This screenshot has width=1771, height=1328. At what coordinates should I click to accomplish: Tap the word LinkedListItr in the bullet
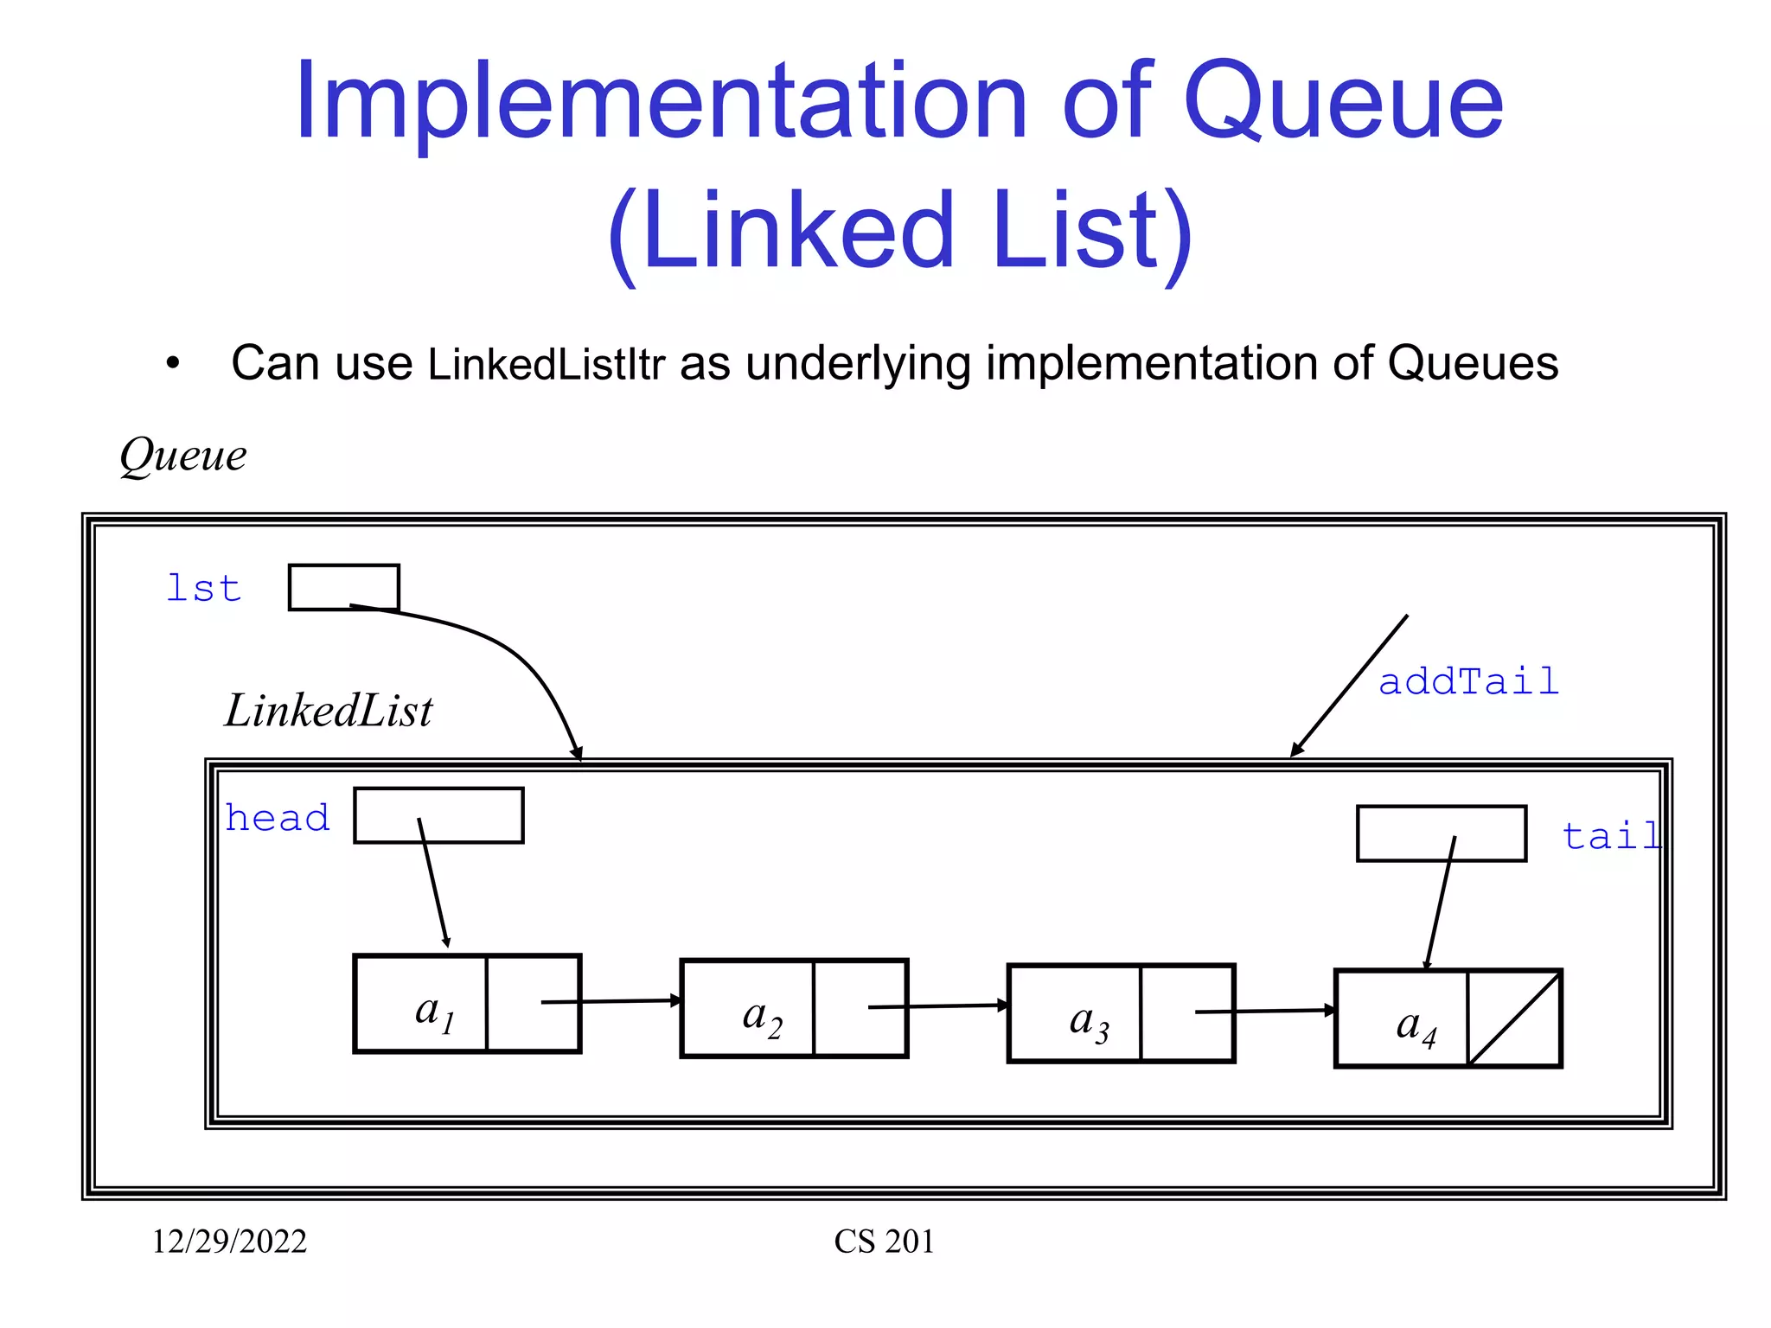pyautogui.click(x=546, y=364)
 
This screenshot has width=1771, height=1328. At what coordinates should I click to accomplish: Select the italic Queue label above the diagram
pyautogui.click(x=183, y=456)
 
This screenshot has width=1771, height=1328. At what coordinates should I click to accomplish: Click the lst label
pyautogui.click(x=203, y=589)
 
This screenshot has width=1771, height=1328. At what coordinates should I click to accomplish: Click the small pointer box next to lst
pyautogui.click(x=343, y=587)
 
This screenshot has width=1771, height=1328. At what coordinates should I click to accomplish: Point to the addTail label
pyautogui.click(x=1468, y=682)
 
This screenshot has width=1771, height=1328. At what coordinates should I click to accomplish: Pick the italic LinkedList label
pyautogui.click(x=329, y=712)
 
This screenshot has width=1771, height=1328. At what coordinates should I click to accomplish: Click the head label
pyautogui.click(x=278, y=818)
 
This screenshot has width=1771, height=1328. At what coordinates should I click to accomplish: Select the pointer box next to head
pyautogui.click(x=438, y=815)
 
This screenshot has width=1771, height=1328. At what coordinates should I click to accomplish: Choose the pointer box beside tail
pyautogui.click(x=1441, y=833)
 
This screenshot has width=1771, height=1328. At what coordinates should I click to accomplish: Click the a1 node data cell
pyautogui.click(x=421, y=1004)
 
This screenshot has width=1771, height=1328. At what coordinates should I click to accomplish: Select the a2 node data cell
pyautogui.click(x=748, y=1009)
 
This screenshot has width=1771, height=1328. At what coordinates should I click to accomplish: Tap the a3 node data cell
pyautogui.click(x=1075, y=1014)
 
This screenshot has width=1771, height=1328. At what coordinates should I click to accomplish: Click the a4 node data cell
pyautogui.click(x=1402, y=1019)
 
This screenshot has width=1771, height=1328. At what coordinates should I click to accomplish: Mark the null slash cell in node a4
pyautogui.click(x=1514, y=1019)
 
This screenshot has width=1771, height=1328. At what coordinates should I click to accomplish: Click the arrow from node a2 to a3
pyautogui.click(x=938, y=1006)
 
